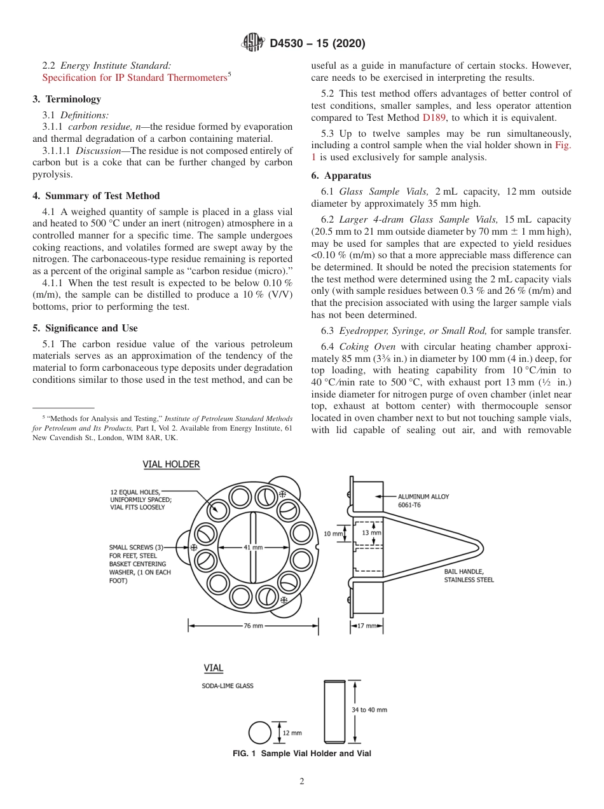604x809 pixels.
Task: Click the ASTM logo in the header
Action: (254, 43)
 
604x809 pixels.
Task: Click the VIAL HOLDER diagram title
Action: (171, 465)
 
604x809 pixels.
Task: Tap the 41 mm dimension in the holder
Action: (253, 547)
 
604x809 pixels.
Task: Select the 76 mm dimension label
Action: (253, 626)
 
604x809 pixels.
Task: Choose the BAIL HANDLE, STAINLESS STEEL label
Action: (469, 576)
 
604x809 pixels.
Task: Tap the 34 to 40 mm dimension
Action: (369, 710)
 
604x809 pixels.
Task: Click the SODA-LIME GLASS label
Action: (228, 686)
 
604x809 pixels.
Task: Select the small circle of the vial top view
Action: (259, 733)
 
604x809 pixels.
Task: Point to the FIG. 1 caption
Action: (302, 754)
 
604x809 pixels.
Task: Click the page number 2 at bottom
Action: (302, 782)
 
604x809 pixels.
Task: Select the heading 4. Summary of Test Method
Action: (96, 196)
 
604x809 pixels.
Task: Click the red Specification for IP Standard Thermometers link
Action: (134, 78)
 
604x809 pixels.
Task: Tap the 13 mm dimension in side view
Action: (371, 532)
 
